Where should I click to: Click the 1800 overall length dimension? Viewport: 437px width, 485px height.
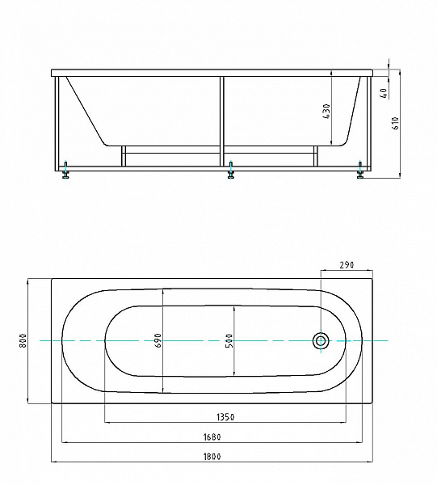coord(212,457)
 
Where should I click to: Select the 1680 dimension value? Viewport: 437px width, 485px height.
coord(212,437)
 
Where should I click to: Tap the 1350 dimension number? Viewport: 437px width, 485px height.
coord(225,417)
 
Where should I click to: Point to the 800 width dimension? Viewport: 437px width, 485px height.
coord(23,340)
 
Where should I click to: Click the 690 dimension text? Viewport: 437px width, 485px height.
coord(158,340)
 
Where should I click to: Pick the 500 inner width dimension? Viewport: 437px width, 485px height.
coord(229,340)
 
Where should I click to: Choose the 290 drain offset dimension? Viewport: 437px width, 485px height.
coord(347,265)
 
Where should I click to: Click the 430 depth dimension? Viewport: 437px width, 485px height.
coord(326,112)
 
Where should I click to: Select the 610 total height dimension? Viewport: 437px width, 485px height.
coord(396,123)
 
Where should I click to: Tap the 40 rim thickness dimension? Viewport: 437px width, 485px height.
coord(384,93)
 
